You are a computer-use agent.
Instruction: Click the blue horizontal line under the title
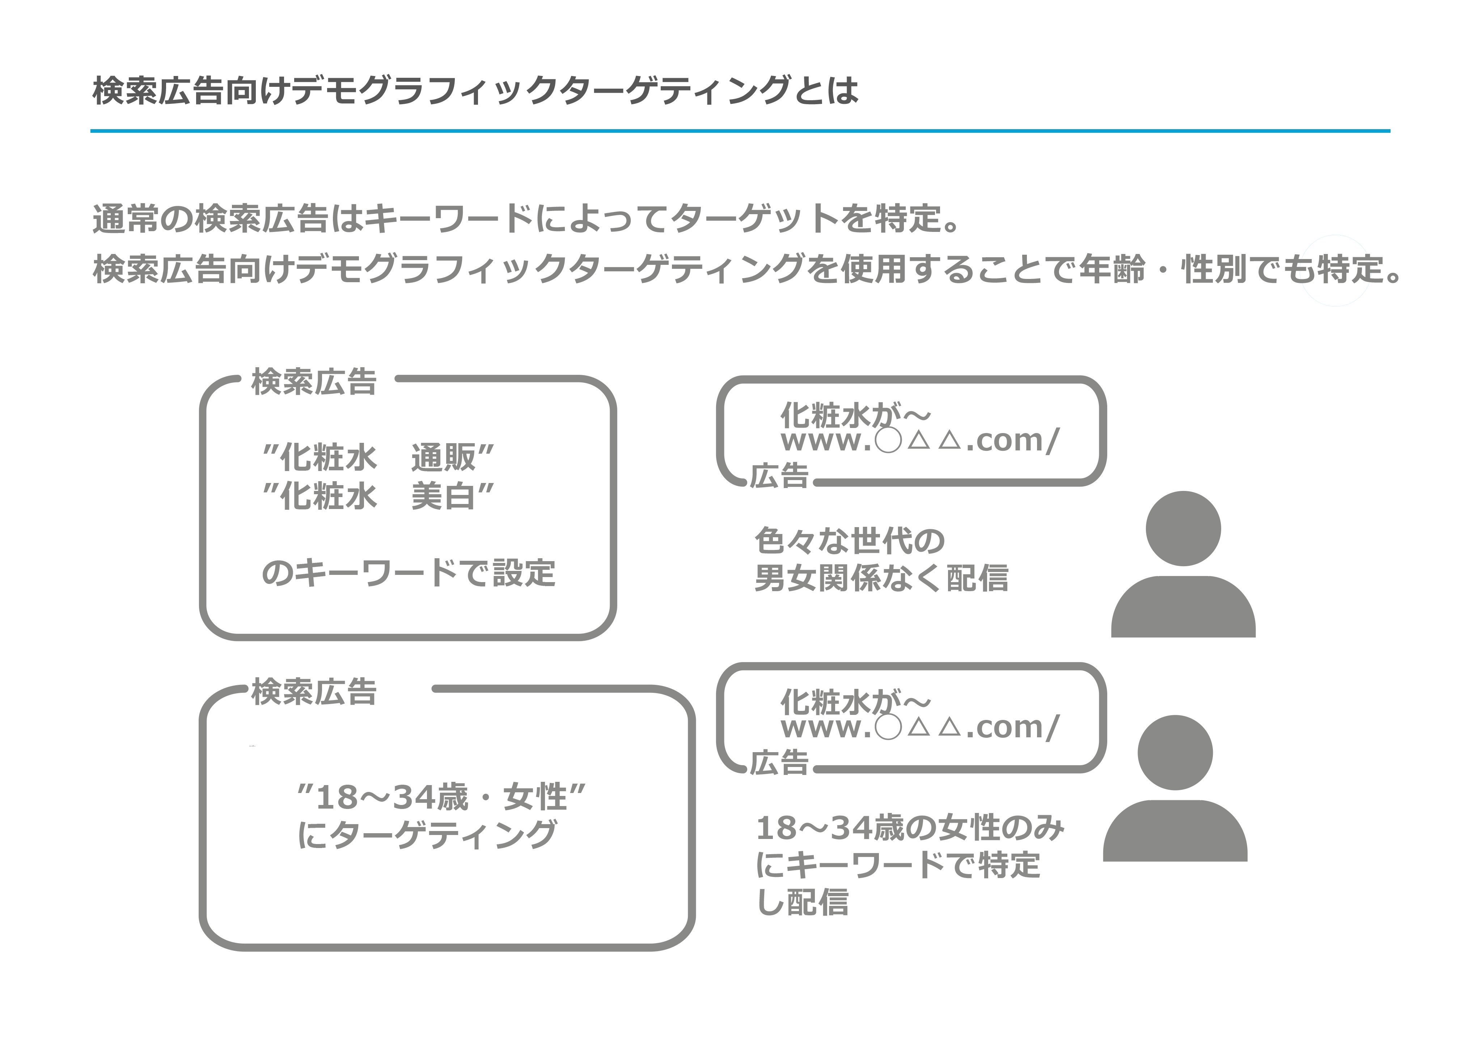(x=740, y=131)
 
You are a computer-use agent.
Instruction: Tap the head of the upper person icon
(x=1183, y=528)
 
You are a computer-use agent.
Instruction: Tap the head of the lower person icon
(x=1175, y=752)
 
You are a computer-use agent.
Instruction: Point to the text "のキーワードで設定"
(x=408, y=573)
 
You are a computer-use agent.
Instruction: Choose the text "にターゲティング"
(x=426, y=834)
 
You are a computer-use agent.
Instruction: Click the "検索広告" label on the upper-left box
(x=313, y=382)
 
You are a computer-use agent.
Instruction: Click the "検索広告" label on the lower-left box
(x=313, y=692)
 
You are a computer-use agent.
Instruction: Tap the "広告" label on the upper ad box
(x=779, y=476)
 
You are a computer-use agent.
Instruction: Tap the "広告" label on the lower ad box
(x=779, y=763)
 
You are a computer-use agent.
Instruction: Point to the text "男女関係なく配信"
(x=881, y=578)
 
